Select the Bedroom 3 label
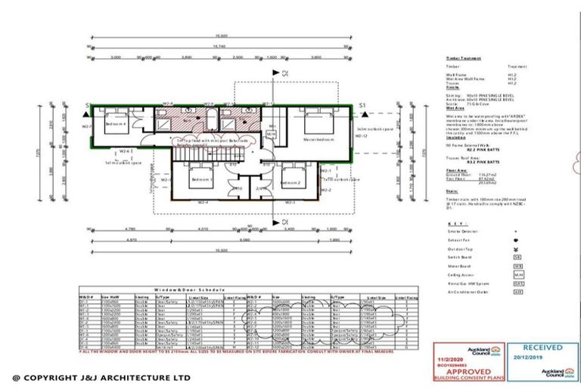pyautogui.click(x=201, y=181)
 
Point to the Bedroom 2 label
pyautogui.click(x=294, y=184)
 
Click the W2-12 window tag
pyautogui.click(x=362, y=137)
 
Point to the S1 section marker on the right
pyautogui.click(x=363, y=105)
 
